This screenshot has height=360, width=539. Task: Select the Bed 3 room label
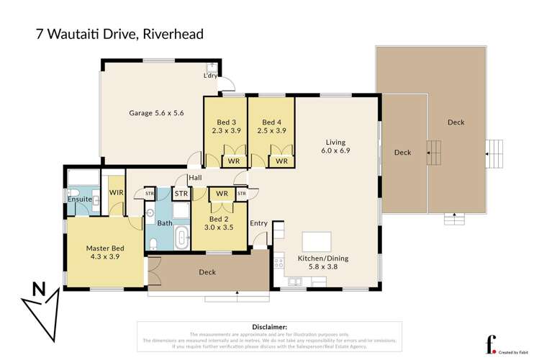coord(225,127)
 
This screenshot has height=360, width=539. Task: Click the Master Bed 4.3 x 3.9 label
coord(104,257)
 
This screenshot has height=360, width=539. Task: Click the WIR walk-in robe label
coord(115,192)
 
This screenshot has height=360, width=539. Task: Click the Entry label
coord(259,223)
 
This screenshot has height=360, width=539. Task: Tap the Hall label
coord(194,178)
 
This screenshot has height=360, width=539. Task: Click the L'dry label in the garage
coord(209,75)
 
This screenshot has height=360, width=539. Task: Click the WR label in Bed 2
coord(222,194)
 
